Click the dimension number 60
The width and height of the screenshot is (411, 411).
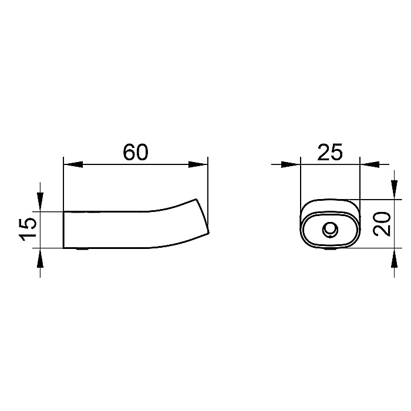tap(136, 152)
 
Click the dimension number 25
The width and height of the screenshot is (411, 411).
tap(330, 152)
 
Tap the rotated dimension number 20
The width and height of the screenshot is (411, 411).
tap(382, 224)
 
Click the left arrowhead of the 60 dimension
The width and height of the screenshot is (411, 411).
tap(73, 164)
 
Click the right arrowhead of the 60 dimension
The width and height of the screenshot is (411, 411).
tap(198, 164)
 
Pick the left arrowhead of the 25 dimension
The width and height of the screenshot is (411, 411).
tap(291, 164)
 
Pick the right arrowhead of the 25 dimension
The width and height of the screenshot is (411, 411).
tap(369, 164)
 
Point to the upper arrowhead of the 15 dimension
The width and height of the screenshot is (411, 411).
tap(40, 202)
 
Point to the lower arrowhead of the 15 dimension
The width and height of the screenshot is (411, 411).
tap(40, 258)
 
